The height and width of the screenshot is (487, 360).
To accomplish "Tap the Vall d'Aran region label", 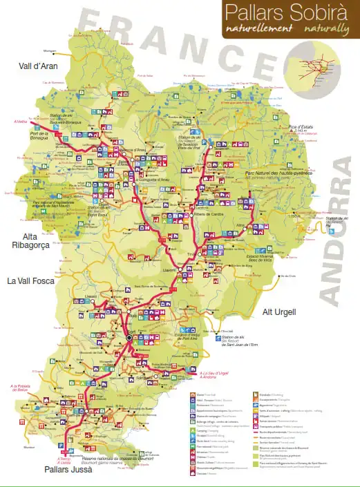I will (38, 66).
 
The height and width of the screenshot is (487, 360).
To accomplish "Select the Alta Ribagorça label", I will (28, 240).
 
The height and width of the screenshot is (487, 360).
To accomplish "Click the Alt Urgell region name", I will (279, 312).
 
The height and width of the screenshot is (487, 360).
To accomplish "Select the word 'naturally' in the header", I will (323, 29).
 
